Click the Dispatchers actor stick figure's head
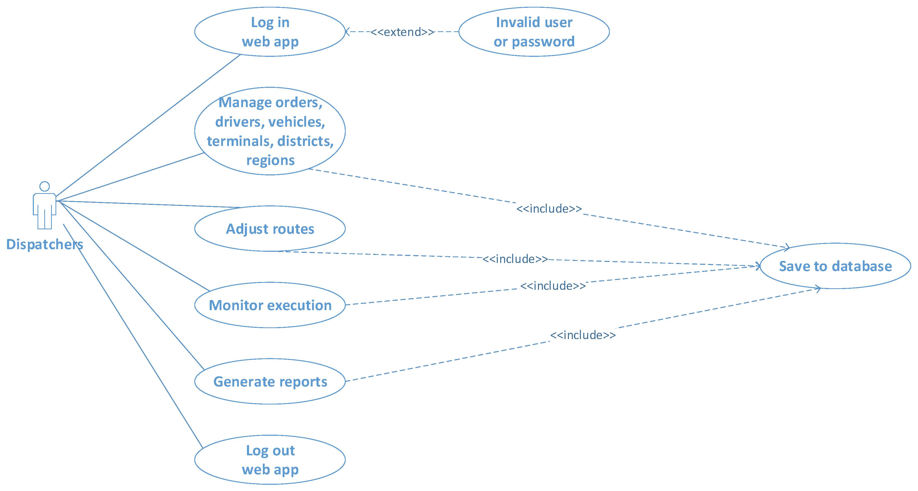(x=45, y=186)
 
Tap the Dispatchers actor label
(x=45, y=245)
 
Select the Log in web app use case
(x=270, y=32)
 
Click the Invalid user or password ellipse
(x=534, y=32)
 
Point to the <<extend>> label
(x=402, y=32)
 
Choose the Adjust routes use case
(x=270, y=229)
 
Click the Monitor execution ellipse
(x=270, y=305)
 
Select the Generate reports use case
(x=270, y=382)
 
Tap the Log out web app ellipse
(x=270, y=460)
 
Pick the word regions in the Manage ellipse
(x=270, y=161)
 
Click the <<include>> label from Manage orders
(x=549, y=208)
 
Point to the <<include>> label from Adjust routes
(x=515, y=259)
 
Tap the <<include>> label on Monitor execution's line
(x=553, y=286)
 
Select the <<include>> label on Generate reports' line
(x=583, y=335)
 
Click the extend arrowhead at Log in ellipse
(x=347, y=32)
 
